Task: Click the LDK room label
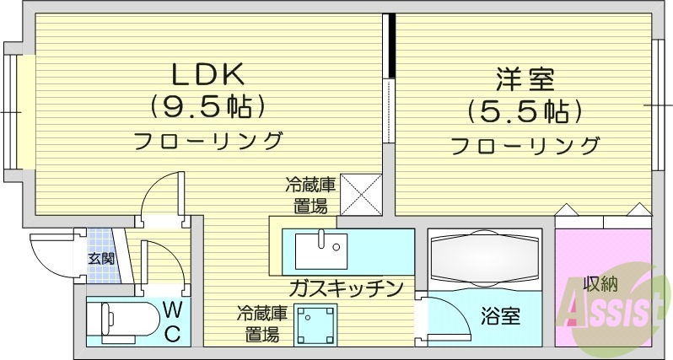point(208,76)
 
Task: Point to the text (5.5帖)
point(524,111)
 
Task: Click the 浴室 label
point(500,317)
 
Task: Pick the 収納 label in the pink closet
point(600,283)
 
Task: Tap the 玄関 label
point(101,258)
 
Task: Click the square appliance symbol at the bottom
point(314,325)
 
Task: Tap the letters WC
point(171,320)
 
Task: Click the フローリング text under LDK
point(208,139)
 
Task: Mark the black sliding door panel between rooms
point(390,46)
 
